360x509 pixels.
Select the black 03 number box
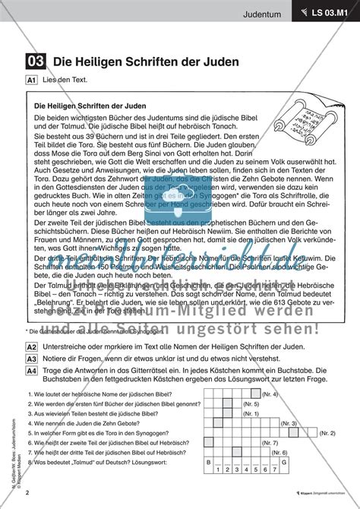(x=34, y=60)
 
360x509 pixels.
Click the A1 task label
(x=32, y=79)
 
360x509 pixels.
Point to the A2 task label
(x=32, y=324)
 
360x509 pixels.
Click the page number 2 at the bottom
(x=27, y=492)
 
